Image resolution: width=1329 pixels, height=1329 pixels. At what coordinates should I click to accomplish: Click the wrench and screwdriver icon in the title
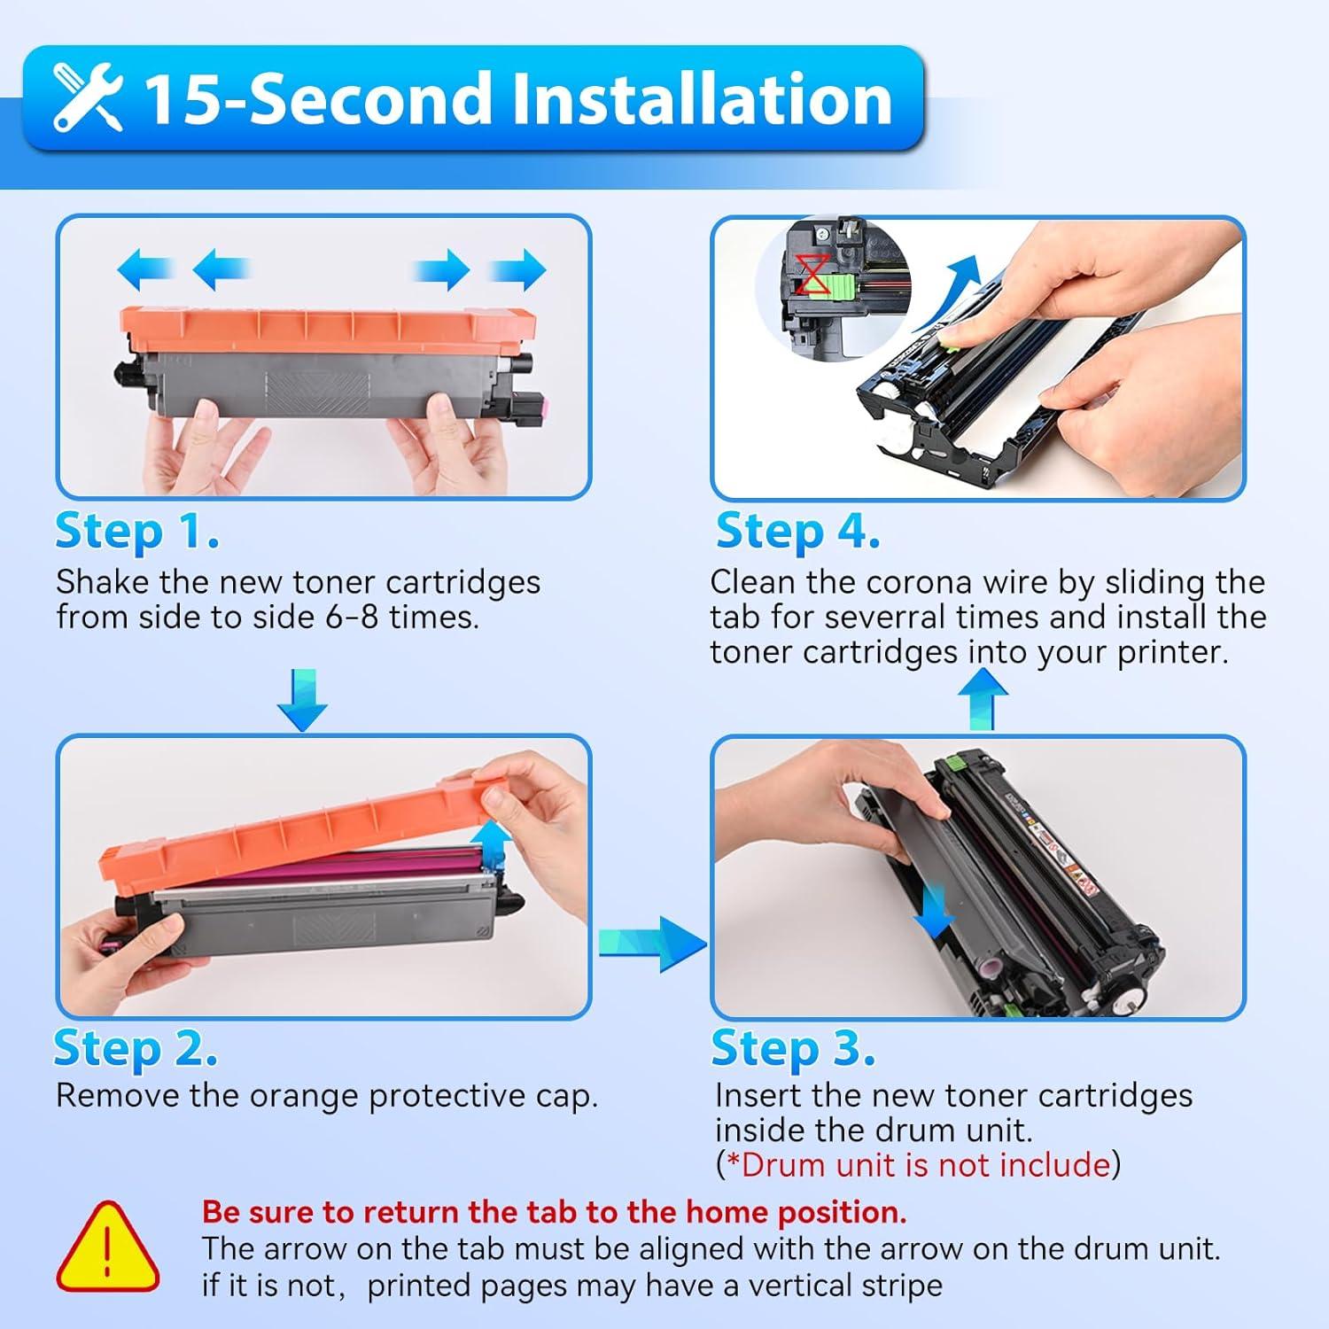click(x=87, y=98)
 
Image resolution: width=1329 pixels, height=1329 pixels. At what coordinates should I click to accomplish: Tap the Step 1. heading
click(x=137, y=532)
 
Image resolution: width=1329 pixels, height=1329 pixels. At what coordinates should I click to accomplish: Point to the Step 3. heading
click(x=793, y=1048)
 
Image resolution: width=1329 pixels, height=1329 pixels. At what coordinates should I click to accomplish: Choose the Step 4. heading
click(x=797, y=532)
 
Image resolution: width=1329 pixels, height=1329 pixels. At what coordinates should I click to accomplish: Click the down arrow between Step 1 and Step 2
click(x=302, y=701)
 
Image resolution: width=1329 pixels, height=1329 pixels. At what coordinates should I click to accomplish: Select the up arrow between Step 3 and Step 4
click(x=983, y=698)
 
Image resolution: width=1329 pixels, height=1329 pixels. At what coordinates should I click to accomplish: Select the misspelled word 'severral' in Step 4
click(x=889, y=617)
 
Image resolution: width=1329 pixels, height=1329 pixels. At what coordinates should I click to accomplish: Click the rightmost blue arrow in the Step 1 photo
click(x=520, y=269)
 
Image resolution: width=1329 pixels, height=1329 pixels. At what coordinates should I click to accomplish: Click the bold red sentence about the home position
click(x=554, y=1211)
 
